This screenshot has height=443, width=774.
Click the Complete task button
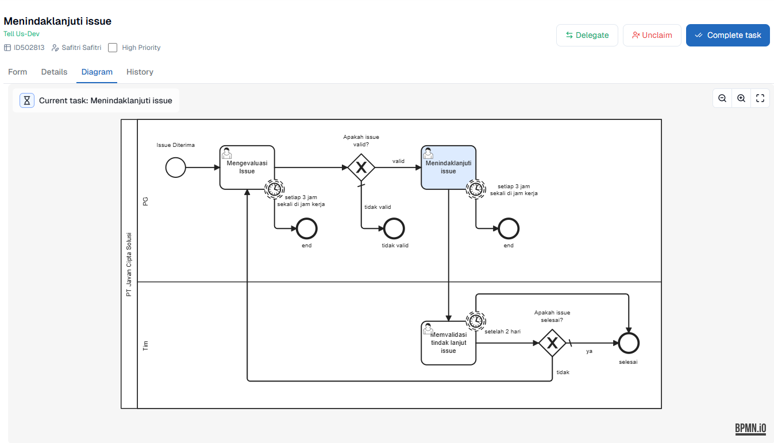(727, 35)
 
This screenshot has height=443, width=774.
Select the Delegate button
(587, 35)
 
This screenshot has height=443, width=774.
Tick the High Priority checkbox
(113, 48)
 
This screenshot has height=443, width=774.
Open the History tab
(140, 72)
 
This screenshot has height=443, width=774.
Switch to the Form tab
(18, 72)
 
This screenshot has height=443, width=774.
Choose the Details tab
(54, 72)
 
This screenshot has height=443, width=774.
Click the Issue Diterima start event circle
(175, 168)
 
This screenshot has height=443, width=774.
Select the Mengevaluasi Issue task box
(247, 167)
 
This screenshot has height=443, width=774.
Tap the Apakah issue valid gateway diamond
(361, 168)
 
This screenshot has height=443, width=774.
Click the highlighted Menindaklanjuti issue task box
(448, 167)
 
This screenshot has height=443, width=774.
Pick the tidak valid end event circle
(394, 228)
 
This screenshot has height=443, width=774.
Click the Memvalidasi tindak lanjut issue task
(448, 343)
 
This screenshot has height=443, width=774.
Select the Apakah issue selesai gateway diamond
(552, 343)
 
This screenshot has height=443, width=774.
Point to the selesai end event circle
(629, 343)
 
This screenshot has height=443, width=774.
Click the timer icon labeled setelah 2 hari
(476, 321)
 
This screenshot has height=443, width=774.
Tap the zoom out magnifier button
(722, 98)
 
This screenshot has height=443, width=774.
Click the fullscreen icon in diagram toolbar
(760, 98)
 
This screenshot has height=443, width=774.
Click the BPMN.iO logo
(750, 428)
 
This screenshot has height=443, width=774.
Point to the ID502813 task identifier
(29, 48)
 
